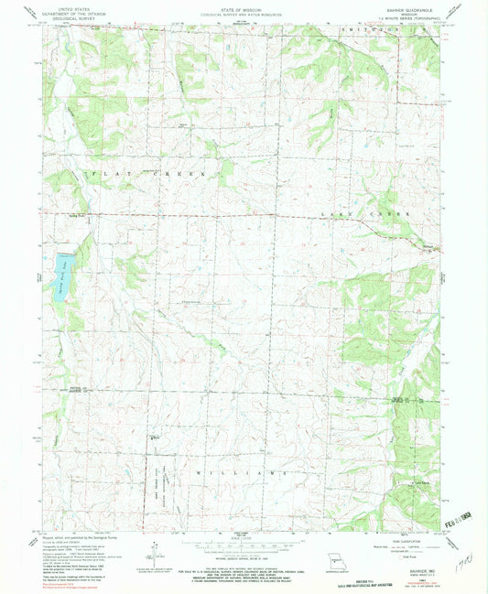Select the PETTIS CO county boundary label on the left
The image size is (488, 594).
[48, 388]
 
